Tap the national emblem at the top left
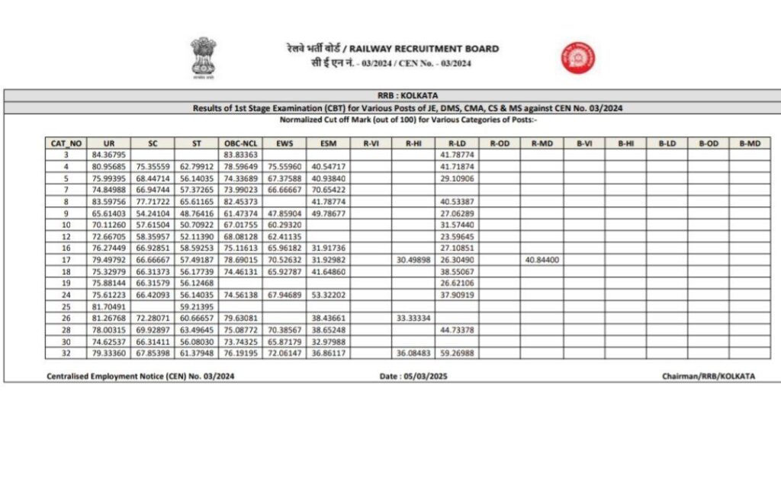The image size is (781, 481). click(203, 58)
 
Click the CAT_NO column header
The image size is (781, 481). click(66, 143)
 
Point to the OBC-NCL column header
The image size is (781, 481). click(240, 143)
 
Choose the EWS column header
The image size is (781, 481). click(284, 143)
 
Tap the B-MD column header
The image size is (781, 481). click(750, 143)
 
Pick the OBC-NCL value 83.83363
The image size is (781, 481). click(240, 154)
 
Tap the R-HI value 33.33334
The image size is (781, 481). click(414, 318)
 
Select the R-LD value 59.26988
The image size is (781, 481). click(457, 354)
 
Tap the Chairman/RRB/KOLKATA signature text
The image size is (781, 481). click(709, 376)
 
